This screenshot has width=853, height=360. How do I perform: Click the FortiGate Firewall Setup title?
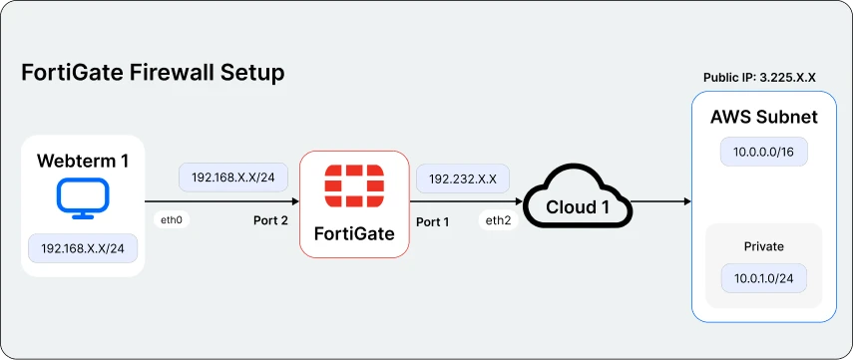tap(153, 73)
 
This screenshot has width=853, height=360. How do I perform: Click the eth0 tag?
tap(171, 219)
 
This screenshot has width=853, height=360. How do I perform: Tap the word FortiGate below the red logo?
tap(354, 234)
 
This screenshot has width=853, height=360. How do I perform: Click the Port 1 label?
tap(432, 220)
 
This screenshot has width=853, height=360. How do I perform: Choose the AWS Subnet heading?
tap(764, 117)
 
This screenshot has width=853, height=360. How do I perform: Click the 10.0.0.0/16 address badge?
tap(764, 153)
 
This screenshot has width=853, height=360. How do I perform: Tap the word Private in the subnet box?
tap(764, 246)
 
